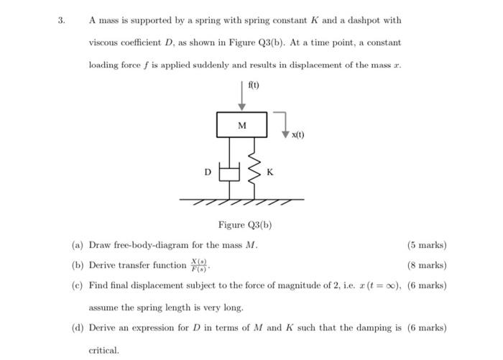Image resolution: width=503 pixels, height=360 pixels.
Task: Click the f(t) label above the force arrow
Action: pyautogui.click(x=254, y=85)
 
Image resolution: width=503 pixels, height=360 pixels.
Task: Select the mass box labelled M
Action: pyautogui.click(x=241, y=125)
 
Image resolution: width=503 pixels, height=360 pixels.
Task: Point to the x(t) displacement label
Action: pyautogui.click(x=297, y=135)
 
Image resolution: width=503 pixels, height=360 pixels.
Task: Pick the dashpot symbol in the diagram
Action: pyautogui.click(x=229, y=172)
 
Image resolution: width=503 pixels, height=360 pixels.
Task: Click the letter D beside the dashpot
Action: pyautogui.click(x=208, y=172)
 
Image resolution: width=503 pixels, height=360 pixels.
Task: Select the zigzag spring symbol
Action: pyautogui.click(x=254, y=171)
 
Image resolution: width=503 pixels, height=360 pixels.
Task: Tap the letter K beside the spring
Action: pyautogui.click(x=269, y=172)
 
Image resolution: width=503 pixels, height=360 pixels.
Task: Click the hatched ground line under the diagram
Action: pyautogui.click(x=241, y=201)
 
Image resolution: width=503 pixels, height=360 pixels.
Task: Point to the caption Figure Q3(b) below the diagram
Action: pyautogui.click(x=245, y=225)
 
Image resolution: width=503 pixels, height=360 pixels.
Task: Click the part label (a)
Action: pyautogui.click(x=78, y=245)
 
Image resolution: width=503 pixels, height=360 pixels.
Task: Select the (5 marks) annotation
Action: pyautogui.click(x=427, y=245)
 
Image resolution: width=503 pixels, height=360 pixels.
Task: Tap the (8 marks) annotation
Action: pyautogui.click(x=427, y=265)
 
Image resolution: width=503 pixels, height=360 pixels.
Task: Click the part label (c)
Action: pyautogui.click(x=78, y=285)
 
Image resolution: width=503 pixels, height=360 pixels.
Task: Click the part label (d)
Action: pyautogui.click(x=78, y=328)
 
